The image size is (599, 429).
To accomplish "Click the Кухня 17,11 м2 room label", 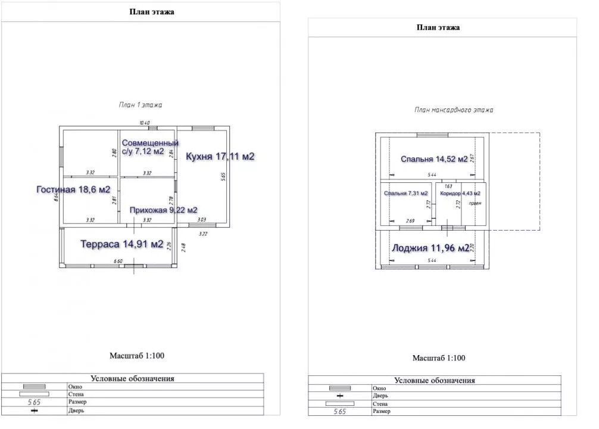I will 220,157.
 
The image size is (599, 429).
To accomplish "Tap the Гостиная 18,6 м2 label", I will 73,189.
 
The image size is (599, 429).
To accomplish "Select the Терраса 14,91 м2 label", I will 122,244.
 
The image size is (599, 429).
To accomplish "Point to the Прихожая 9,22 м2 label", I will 163,210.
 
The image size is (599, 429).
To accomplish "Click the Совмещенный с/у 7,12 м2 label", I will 151,147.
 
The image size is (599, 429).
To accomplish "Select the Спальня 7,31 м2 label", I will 406,194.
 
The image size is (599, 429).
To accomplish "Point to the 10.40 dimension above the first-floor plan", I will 144,123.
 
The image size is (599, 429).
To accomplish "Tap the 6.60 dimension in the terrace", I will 118,261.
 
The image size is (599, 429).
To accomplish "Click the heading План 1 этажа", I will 141,104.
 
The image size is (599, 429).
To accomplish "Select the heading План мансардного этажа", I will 454,110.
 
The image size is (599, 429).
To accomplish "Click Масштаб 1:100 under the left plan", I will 136,356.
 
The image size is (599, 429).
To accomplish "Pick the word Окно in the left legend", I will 75,387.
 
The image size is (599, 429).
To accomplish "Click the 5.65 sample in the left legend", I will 35,402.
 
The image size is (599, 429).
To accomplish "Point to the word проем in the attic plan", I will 475,203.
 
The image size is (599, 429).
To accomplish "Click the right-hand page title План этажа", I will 438,27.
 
